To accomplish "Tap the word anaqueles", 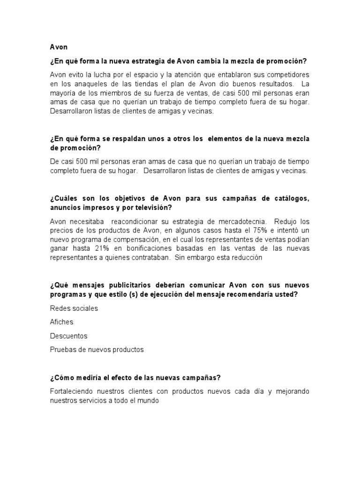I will [82, 84].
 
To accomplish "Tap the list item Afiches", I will [61, 322].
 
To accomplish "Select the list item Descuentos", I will [68, 336].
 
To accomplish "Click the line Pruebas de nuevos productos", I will [97, 349].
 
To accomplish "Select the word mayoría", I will [64, 93].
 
